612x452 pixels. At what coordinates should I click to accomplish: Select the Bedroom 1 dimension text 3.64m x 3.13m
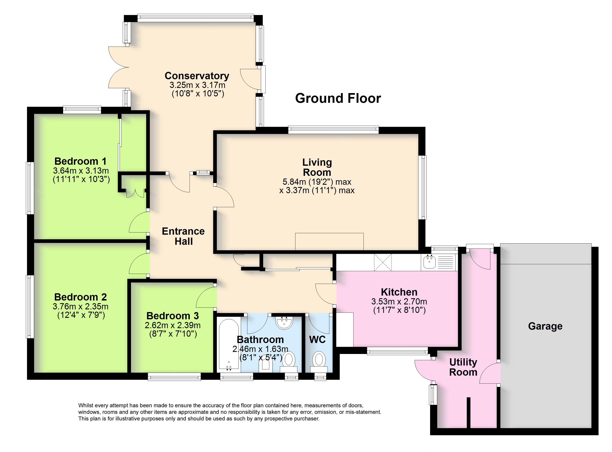(x=81, y=171)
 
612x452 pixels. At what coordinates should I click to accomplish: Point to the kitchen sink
(x=429, y=262)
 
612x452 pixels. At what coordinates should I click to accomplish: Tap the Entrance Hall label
(x=183, y=236)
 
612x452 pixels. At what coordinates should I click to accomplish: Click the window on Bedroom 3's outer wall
(x=174, y=377)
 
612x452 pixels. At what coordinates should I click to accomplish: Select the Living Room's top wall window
(x=333, y=130)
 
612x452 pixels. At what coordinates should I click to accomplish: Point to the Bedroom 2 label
(x=80, y=297)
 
